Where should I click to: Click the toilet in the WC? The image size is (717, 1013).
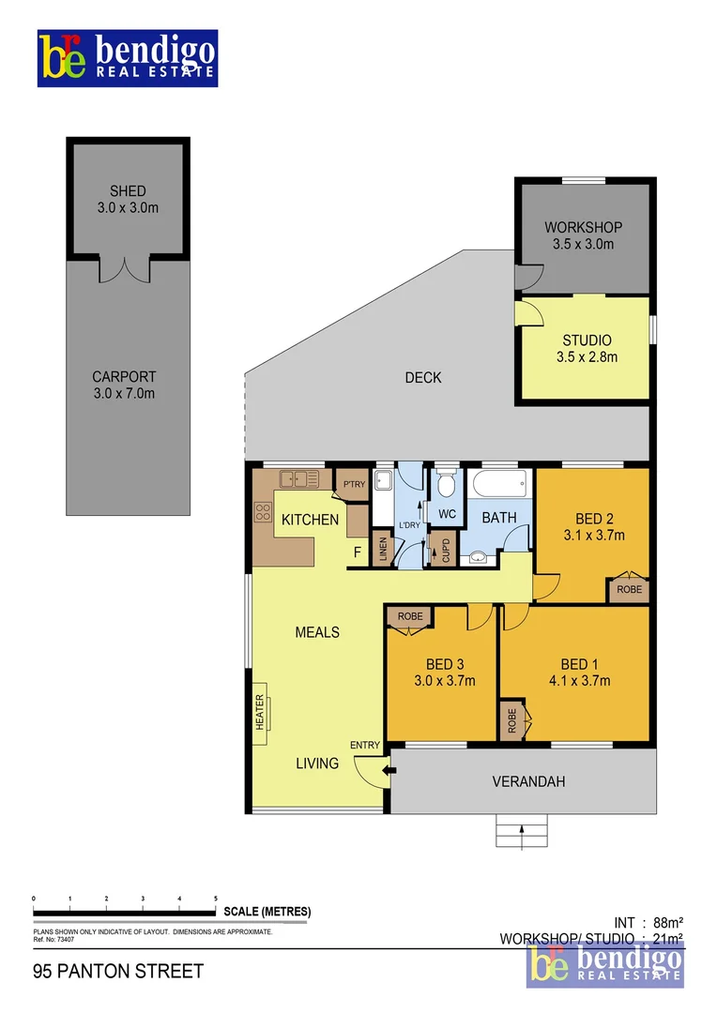coord(447,483)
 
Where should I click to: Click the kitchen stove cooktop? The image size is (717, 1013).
coord(262,512)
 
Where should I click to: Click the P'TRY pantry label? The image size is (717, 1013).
coord(353,484)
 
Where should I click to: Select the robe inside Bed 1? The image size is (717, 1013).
coord(512,719)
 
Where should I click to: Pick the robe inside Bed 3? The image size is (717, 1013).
coord(409,616)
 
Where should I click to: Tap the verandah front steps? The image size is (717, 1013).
coord(521,831)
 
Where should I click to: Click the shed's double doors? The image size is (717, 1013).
coord(124,269)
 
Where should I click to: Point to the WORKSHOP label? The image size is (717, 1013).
coord(583,227)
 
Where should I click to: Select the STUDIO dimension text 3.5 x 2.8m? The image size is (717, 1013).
coord(587,356)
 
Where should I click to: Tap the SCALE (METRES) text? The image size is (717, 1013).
coord(267,912)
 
